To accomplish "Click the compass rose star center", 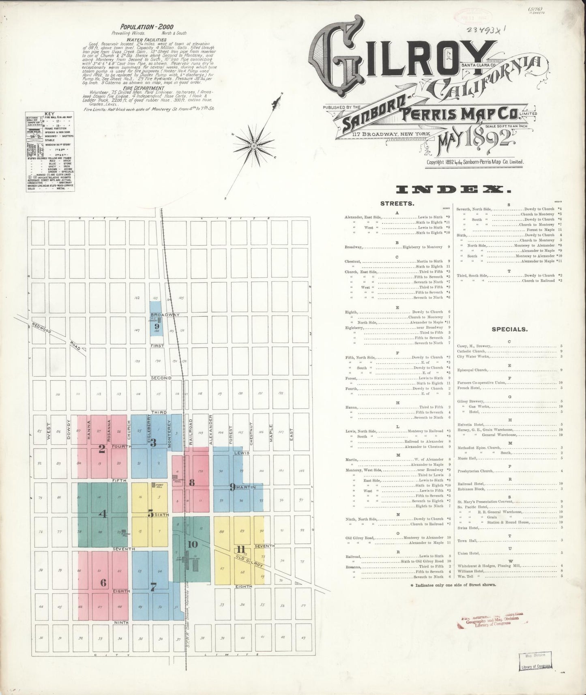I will point(253,145).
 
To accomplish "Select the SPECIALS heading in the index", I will point(509,329).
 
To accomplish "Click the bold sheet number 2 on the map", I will point(102,448).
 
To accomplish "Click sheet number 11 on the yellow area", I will point(241,550).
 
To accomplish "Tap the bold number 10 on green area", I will point(193,544).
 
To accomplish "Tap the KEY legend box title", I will point(50,114).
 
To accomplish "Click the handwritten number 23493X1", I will point(483,29).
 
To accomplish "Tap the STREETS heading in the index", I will point(397,204).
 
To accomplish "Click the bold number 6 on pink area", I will point(103,583).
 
